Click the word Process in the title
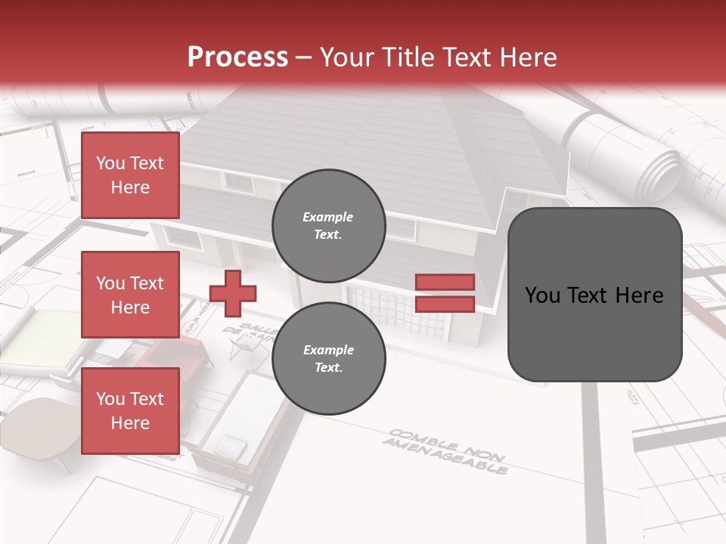237,57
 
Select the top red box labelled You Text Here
130,175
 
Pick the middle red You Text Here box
130,295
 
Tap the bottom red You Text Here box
130,410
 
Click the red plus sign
233,293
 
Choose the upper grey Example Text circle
328,225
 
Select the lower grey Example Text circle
328,358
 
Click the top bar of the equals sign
445,282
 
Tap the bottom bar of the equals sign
445,304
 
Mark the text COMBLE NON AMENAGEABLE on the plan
446,451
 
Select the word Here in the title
529,57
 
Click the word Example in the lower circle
328,350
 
